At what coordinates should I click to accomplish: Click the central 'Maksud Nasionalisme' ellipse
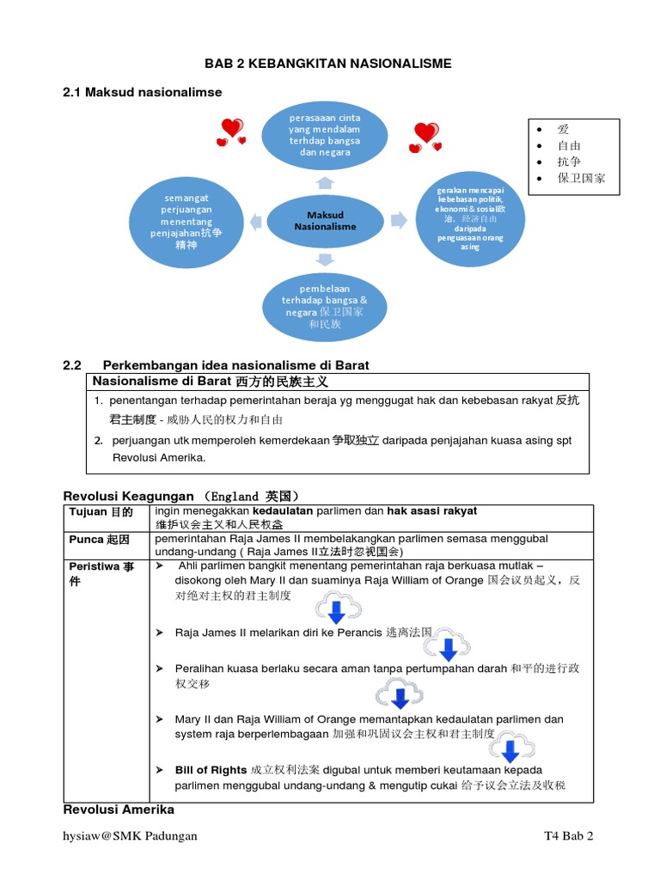pos(325,220)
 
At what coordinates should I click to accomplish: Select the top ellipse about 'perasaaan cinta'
pos(325,134)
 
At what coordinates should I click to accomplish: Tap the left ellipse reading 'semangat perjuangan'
pos(186,221)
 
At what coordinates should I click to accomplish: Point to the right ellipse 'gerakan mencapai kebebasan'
pos(469,222)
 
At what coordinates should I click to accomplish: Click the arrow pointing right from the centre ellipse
pos(398,220)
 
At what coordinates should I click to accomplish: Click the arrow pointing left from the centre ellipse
pos(256,221)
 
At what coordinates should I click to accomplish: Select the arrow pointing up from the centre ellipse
pos(325,182)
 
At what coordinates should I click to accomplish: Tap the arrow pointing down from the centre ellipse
pos(325,258)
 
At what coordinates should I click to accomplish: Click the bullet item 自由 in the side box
pos(569,145)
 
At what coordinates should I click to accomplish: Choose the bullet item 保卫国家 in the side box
pos(581,178)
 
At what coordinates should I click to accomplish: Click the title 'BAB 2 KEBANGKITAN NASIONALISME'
pos(327,64)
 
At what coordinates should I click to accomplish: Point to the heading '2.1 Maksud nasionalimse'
pos(143,92)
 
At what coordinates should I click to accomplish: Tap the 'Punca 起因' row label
pos(100,539)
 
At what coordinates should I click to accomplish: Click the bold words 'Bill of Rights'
pos(211,769)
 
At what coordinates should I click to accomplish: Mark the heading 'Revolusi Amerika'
pos(119,810)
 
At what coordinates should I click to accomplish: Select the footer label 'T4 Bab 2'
pos(569,835)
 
